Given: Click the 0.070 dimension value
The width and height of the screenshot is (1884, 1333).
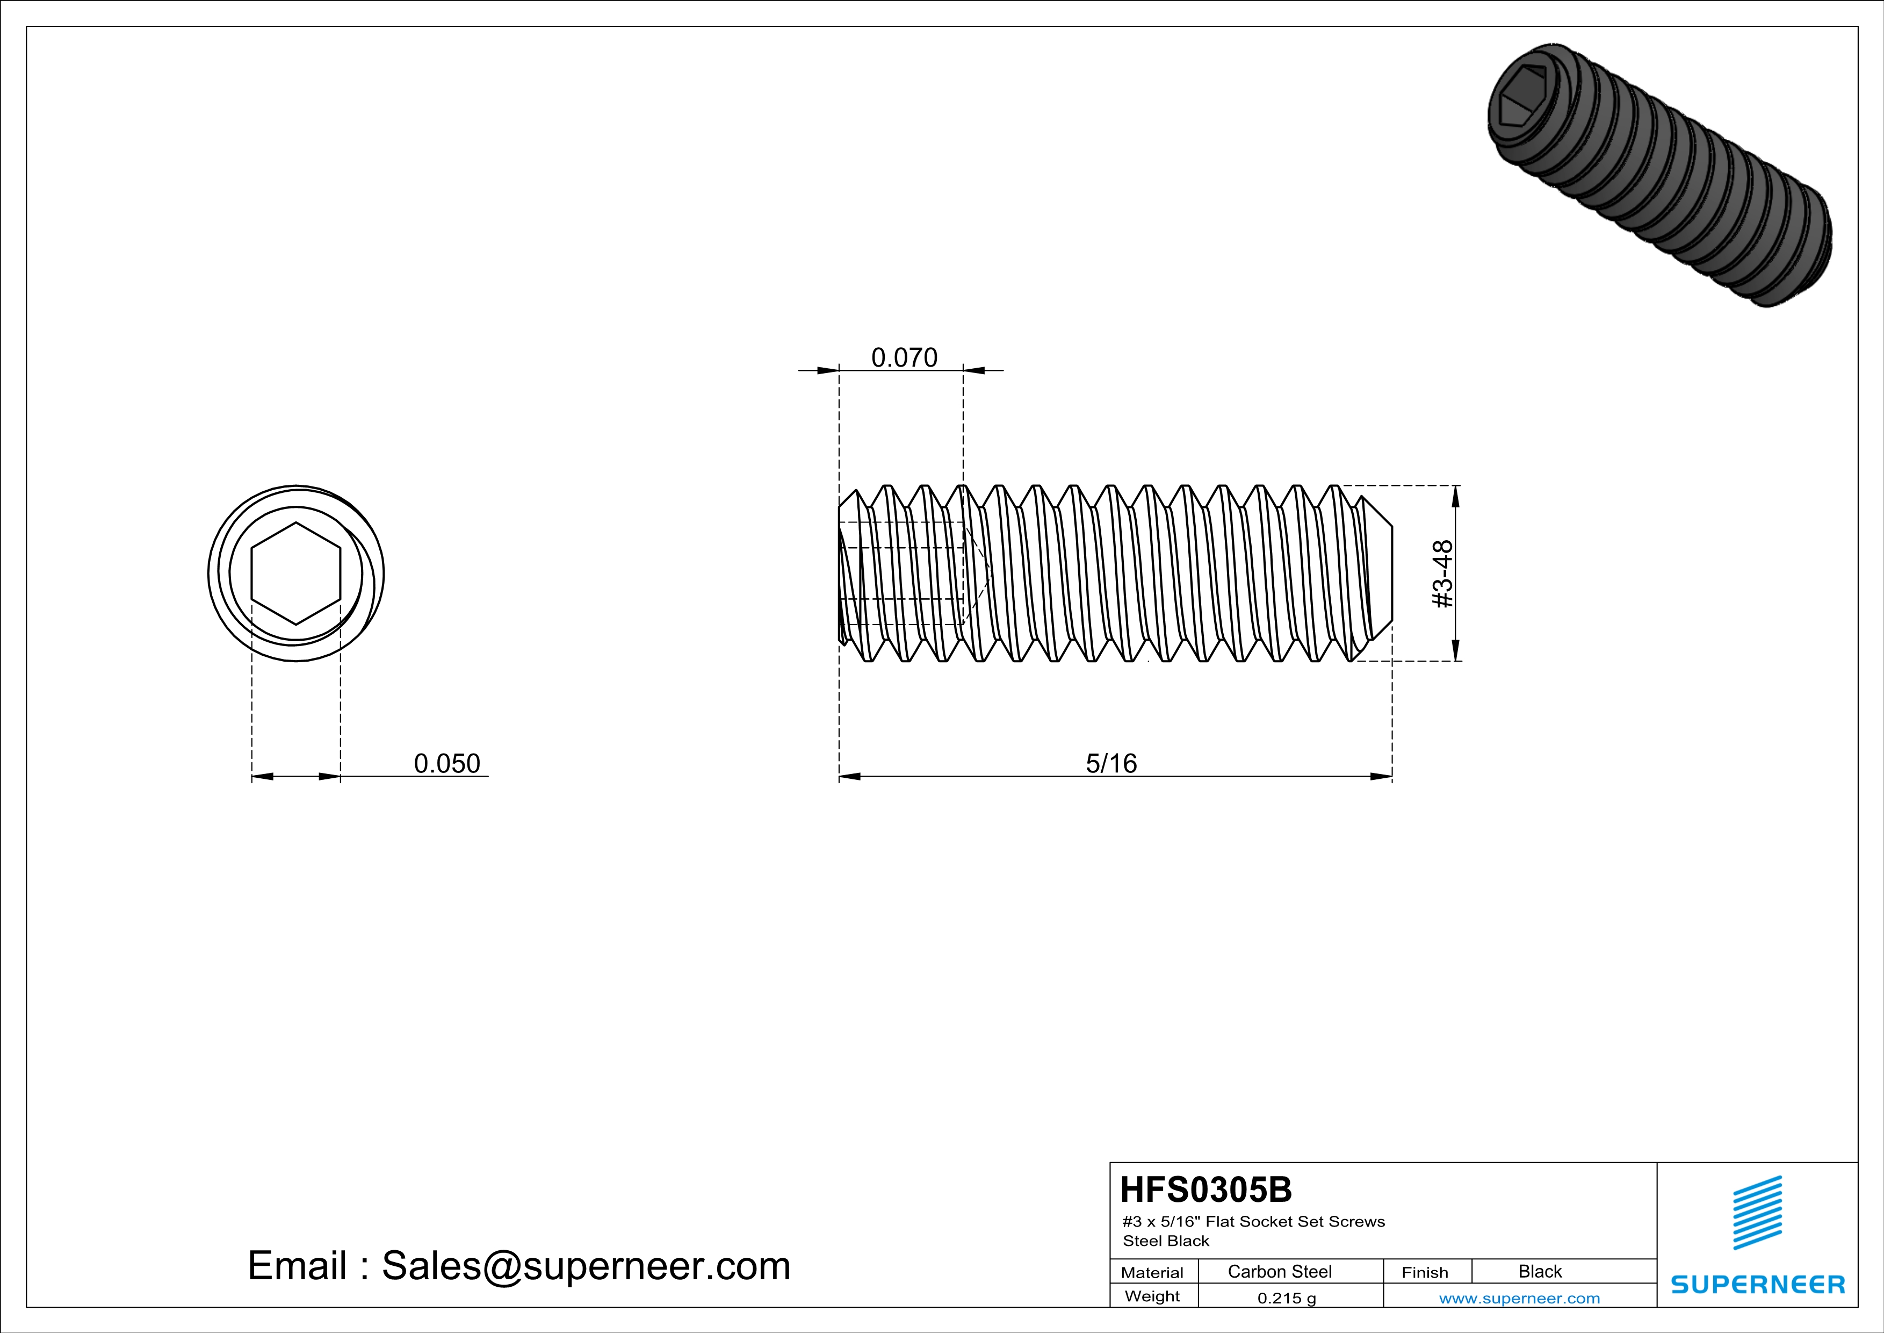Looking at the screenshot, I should [x=904, y=358].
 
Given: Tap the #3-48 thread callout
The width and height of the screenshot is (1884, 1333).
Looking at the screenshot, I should [x=1442, y=574].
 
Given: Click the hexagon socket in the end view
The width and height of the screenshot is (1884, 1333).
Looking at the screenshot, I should [x=295, y=574].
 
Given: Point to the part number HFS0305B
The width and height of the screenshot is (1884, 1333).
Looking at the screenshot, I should [x=1206, y=1189].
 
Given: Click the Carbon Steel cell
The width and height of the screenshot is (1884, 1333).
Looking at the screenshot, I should [x=1279, y=1271].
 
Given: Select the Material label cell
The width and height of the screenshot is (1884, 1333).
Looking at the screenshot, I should [x=1152, y=1272].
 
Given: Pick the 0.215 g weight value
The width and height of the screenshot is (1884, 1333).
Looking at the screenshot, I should [x=1286, y=1298].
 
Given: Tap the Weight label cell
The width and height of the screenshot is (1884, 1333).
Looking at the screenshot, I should [x=1152, y=1296].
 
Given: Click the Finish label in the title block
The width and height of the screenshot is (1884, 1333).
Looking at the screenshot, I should [x=1425, y=1272].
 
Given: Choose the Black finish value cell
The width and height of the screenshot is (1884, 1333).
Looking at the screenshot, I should [x=1539, y=1271].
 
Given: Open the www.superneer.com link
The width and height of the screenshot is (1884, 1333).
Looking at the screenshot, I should [x=1519, y=1298].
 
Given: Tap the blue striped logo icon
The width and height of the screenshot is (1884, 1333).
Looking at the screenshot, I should [x=1757, y=1213].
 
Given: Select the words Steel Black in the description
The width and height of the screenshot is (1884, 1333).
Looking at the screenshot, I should [x=1165, y=1241].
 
